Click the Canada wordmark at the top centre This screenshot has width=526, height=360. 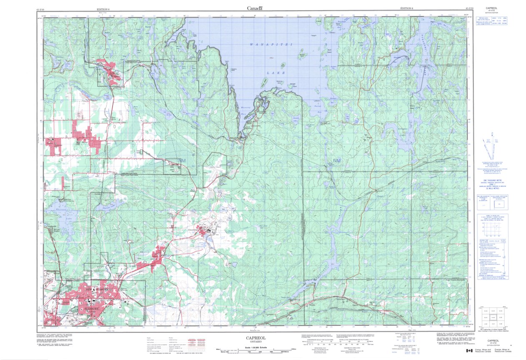click(x=255, y=8)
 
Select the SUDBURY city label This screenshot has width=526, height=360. click(x=90, y=309)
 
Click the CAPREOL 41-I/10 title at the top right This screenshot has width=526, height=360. click(x=493, y=9)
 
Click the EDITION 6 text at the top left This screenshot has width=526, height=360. click(x=103, y=9)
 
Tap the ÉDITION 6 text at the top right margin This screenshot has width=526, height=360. click(x=406, y=8)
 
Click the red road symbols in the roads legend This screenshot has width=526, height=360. click(x=192, y=344)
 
